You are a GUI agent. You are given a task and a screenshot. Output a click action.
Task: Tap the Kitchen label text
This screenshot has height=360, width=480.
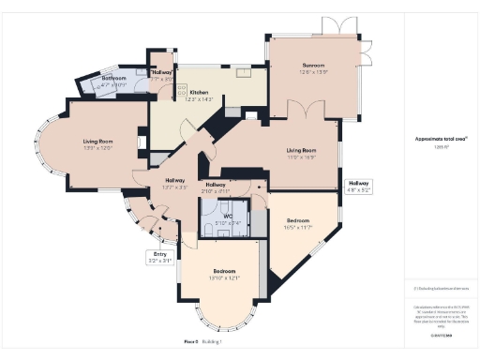(200, 92)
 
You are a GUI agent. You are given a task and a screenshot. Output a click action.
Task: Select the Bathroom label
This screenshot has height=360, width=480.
(113, 77)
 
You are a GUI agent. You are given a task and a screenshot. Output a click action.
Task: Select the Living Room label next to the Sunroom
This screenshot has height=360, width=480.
(301, 150)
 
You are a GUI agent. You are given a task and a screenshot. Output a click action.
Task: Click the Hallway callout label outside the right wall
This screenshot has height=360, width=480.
(359, 183)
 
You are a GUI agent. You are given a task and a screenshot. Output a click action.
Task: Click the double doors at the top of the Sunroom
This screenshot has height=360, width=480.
(334, 25)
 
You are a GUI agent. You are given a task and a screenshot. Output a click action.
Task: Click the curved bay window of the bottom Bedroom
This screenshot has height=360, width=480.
(217, 319)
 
